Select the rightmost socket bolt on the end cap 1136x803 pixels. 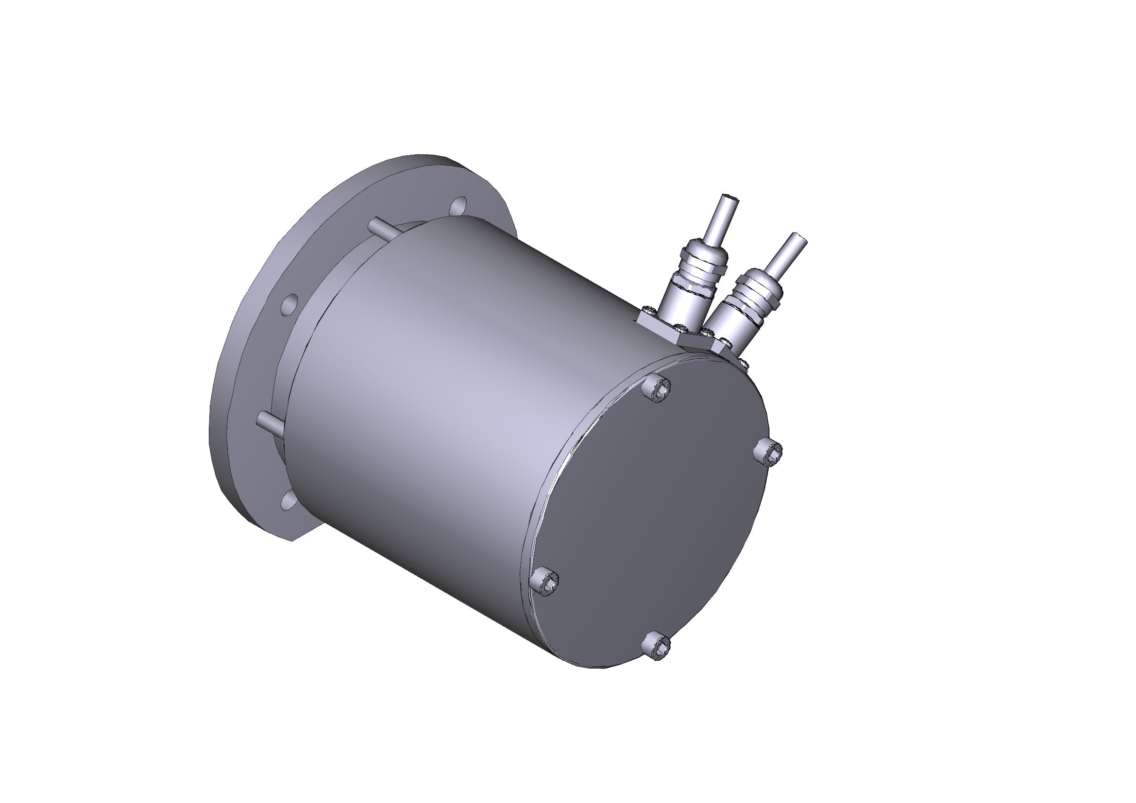768,451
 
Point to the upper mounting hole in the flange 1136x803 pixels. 458,205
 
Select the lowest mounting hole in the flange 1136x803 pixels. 288,500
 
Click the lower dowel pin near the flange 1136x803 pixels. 270,423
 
